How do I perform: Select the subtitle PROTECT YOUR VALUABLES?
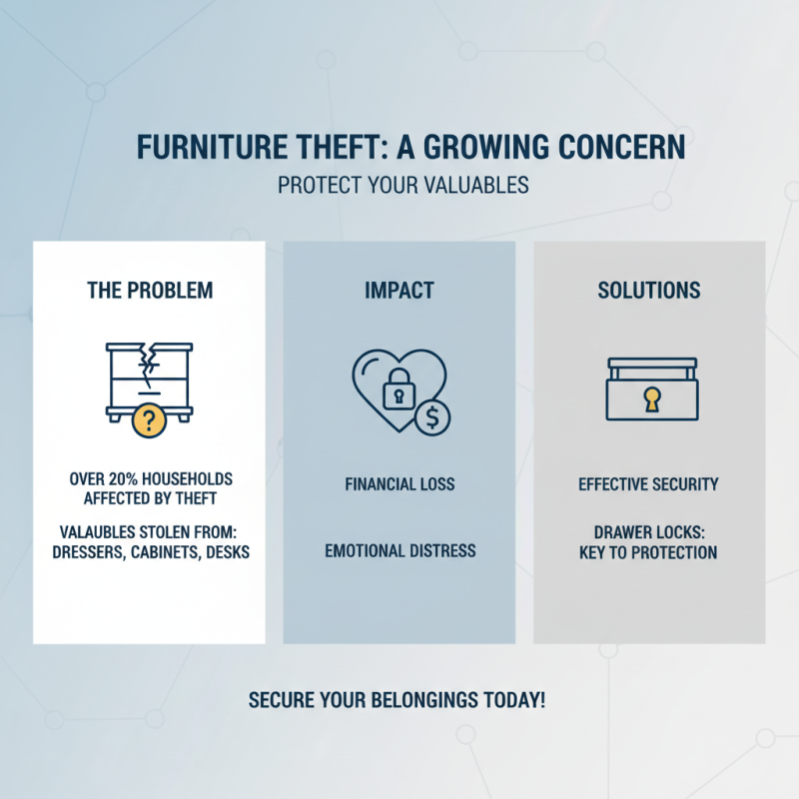[402, 187]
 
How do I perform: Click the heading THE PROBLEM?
[150, 291]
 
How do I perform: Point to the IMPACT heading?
[399, 291]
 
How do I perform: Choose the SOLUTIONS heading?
[649, 291]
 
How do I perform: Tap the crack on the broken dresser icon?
[150, 365]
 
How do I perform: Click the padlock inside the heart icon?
[397, 391]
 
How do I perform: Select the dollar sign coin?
[432, 417]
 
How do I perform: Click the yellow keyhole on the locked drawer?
[652, 400]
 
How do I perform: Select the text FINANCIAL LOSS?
[399, 484]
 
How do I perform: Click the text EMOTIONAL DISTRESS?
[399, 551]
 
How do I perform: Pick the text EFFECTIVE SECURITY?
[648, 484]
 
